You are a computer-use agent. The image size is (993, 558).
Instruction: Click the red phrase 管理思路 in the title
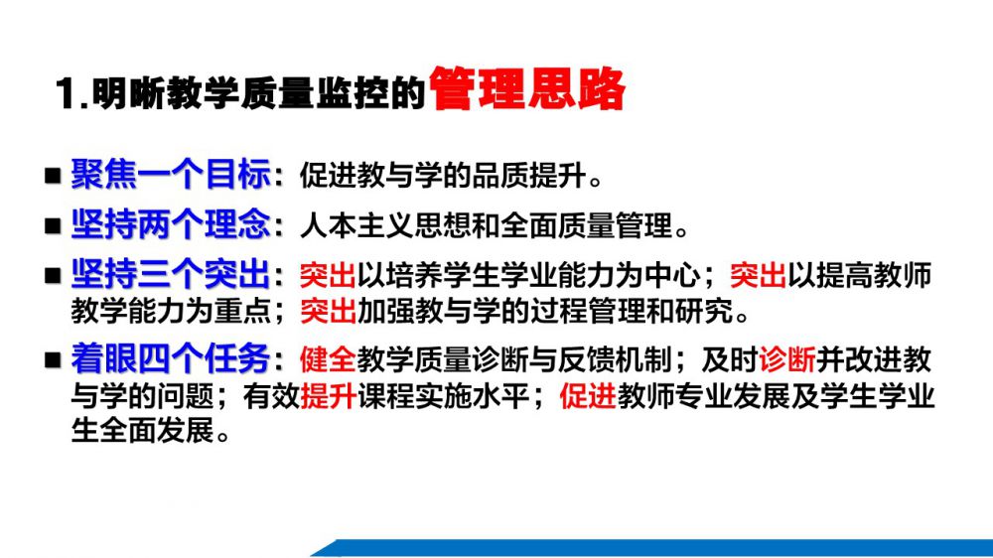tap(527, 89)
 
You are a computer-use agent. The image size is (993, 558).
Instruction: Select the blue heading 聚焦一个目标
tap(171, 174)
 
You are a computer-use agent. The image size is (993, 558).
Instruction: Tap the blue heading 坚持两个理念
tap(171, 224)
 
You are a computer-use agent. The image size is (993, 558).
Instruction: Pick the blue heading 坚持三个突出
tap(171, 274)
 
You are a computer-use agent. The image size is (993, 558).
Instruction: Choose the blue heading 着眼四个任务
tap(171, 359)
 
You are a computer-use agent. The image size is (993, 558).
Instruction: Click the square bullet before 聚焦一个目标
tap(53, 176)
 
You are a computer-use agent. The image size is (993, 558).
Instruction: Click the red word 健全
tap(328, 359)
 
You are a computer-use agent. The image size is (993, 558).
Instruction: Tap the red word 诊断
tap(787, 359)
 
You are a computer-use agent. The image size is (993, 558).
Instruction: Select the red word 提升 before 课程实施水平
tap(328, 396)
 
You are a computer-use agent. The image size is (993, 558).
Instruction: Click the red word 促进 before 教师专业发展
tap(588, 396)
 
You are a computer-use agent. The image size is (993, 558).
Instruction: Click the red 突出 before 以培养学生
tap(328, 275)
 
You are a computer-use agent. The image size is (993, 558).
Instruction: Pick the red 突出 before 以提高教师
tap(758, 275)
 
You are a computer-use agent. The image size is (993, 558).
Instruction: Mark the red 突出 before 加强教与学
tap(328, 311)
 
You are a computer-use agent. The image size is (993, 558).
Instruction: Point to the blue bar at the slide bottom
tap(652, 548)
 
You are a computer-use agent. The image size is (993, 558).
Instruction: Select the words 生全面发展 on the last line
tap(142, 431)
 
